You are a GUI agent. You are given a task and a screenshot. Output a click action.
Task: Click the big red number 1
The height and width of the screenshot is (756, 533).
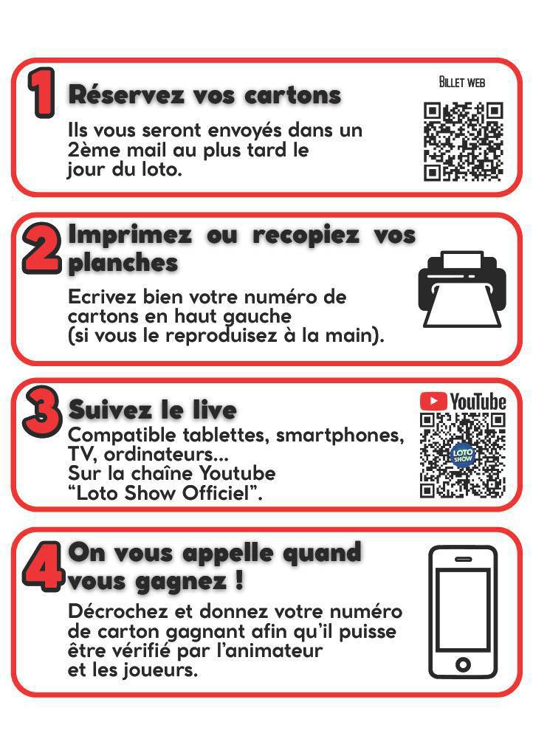[41, 93]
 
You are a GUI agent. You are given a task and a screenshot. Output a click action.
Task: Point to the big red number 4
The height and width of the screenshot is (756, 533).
[41, 568]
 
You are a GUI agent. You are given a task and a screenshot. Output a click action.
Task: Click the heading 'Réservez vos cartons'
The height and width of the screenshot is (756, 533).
[204, 95]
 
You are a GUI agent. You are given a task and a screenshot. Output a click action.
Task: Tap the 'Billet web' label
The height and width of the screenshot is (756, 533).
[462, 82]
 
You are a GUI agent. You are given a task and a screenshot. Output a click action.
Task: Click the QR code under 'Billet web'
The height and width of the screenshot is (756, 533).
[463, 142]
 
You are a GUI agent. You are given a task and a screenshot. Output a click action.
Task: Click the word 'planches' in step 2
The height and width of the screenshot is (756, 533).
[123, 264]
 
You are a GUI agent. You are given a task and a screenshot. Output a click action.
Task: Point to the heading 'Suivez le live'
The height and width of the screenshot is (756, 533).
[152, 410]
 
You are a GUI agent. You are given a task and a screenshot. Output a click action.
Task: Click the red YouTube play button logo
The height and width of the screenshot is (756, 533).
[433, 401]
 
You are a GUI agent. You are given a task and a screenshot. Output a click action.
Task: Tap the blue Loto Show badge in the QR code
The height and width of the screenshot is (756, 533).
[462, 455]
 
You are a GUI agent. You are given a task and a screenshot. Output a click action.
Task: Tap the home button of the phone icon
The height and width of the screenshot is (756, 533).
[463, 664]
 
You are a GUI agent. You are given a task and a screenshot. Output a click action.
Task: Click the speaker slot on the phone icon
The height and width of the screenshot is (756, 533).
[463, 559]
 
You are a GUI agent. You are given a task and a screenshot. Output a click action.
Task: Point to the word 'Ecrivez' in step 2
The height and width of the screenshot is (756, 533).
[99, 298]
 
